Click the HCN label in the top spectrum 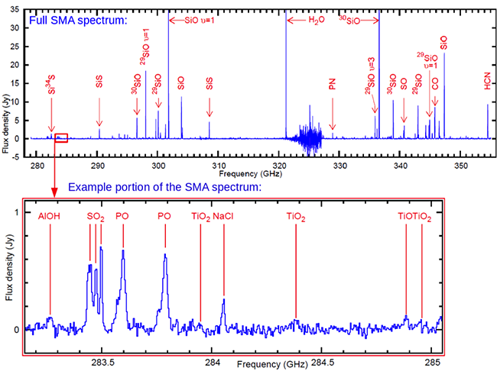(x=488, y=87)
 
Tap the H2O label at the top (x=316, y=20)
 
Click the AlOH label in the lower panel (x=50, y=217)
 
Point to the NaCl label (x=223, y=217)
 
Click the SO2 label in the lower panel (x=96, y=218)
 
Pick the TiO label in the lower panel (x=406, y=218)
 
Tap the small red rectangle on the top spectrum (x=62, y=138)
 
